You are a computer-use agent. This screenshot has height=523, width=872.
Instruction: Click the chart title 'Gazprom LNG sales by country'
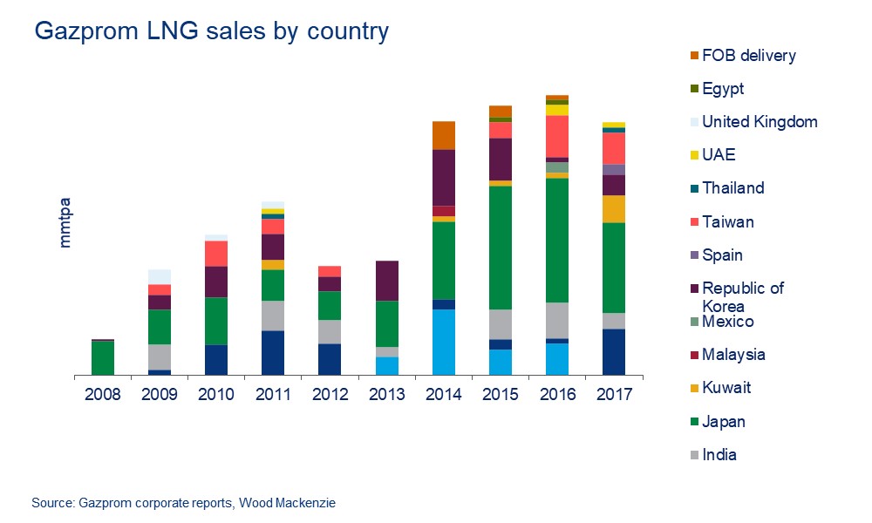click(211, 32)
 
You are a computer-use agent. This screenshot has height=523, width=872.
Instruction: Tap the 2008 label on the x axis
click(102, 395)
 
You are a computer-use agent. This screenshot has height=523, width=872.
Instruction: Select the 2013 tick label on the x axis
click(387, 395)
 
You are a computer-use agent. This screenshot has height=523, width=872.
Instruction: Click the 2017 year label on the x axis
click(615, 395)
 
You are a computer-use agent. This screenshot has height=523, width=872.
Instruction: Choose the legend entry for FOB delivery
click(748, 56)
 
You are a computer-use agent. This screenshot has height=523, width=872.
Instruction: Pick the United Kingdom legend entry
click(759, 122)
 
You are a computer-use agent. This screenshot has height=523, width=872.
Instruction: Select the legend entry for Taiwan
click(727, 222)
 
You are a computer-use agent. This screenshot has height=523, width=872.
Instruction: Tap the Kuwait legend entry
click(726, 388)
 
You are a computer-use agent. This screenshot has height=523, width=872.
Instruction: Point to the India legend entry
click(719, 454)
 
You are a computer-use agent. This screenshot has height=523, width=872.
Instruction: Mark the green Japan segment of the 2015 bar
click(501, 248)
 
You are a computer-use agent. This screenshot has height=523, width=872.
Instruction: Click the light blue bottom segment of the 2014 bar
click(444, 343)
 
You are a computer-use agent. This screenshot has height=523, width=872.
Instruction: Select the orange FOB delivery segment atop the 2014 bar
click(444, 135)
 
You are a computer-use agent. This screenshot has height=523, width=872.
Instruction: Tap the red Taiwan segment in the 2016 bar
click(557, 136)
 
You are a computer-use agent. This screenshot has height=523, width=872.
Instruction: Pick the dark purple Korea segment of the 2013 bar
click(387, 281)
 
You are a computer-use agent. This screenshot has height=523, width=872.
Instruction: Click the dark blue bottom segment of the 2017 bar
click(615, 352)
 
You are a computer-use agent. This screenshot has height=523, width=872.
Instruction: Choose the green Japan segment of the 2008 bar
click(102, 358)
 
